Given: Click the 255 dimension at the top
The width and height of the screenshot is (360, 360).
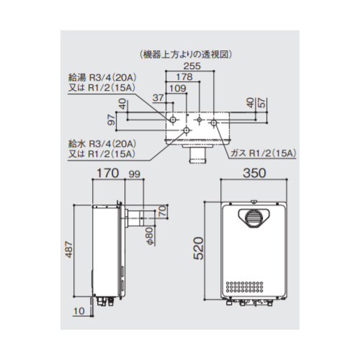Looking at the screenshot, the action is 192,66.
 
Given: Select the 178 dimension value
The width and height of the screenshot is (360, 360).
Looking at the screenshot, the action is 184,77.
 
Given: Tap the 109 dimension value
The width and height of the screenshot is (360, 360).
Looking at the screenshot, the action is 178,89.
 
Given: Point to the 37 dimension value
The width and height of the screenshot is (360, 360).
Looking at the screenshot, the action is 158,98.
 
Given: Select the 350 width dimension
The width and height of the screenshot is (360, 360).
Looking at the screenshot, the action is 254,173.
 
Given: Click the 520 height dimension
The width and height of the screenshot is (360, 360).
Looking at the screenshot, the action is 199,248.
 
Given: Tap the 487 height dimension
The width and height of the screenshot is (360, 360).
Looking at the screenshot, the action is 69,250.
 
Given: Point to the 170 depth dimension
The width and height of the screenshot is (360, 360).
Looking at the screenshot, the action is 108,173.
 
